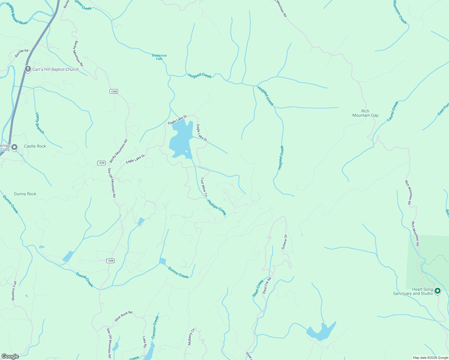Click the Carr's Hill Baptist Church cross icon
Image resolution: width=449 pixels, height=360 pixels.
28,69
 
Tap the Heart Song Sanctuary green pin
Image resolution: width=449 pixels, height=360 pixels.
438,291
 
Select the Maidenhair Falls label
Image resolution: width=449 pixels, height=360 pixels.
159,57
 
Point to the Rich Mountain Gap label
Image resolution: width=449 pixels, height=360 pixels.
365,113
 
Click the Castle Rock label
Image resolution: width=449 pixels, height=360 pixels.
35,146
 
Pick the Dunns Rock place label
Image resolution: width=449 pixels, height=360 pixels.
25,194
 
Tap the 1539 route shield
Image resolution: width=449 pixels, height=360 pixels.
101,163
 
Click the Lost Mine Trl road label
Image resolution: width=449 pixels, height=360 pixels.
204,187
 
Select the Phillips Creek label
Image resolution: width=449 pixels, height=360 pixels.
217,207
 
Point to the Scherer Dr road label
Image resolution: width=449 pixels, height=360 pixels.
284,242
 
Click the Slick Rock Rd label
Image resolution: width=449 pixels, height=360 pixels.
123,316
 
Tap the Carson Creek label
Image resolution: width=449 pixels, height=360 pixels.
155,327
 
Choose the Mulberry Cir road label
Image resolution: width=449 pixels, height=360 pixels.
191,337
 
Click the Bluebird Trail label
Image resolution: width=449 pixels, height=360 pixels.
14,291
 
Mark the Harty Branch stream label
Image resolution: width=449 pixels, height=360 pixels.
39,123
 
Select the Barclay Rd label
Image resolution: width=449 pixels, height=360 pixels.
22,53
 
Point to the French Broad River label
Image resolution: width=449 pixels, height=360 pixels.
17,14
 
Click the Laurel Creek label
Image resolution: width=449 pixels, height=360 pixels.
393,111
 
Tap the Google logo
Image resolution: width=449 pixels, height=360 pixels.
10,356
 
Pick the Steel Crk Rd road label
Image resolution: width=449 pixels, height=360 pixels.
267,285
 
